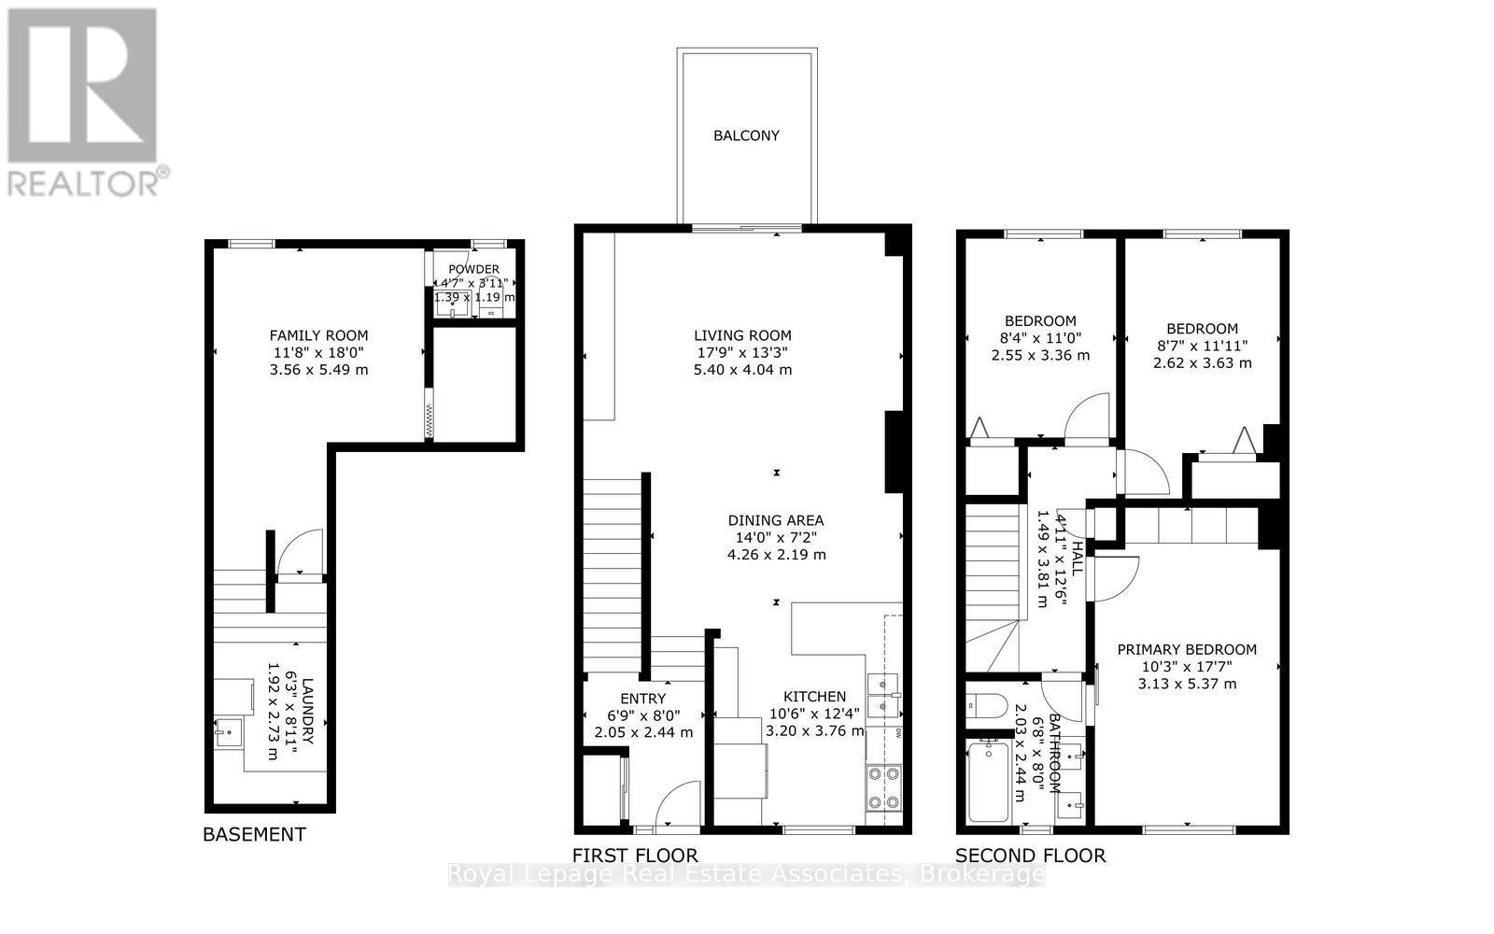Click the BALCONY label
point(746,135)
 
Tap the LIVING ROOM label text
point(742,335)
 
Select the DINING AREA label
point(776,520)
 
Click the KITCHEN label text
point(814,697)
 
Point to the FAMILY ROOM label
point(318,335)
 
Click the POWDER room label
point(473,270)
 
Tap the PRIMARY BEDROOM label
point(1187,649)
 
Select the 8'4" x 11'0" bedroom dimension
point(1040,338)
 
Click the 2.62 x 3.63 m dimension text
point(1202,362)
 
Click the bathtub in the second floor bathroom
point(988,781)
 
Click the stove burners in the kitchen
point(883,787)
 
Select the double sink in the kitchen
point(882,696)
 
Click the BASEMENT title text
point(254,834)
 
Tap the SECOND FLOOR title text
point(1030,855)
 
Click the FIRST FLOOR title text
point(635,855)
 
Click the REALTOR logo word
point(84,181)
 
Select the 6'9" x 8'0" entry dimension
point(643,715)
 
